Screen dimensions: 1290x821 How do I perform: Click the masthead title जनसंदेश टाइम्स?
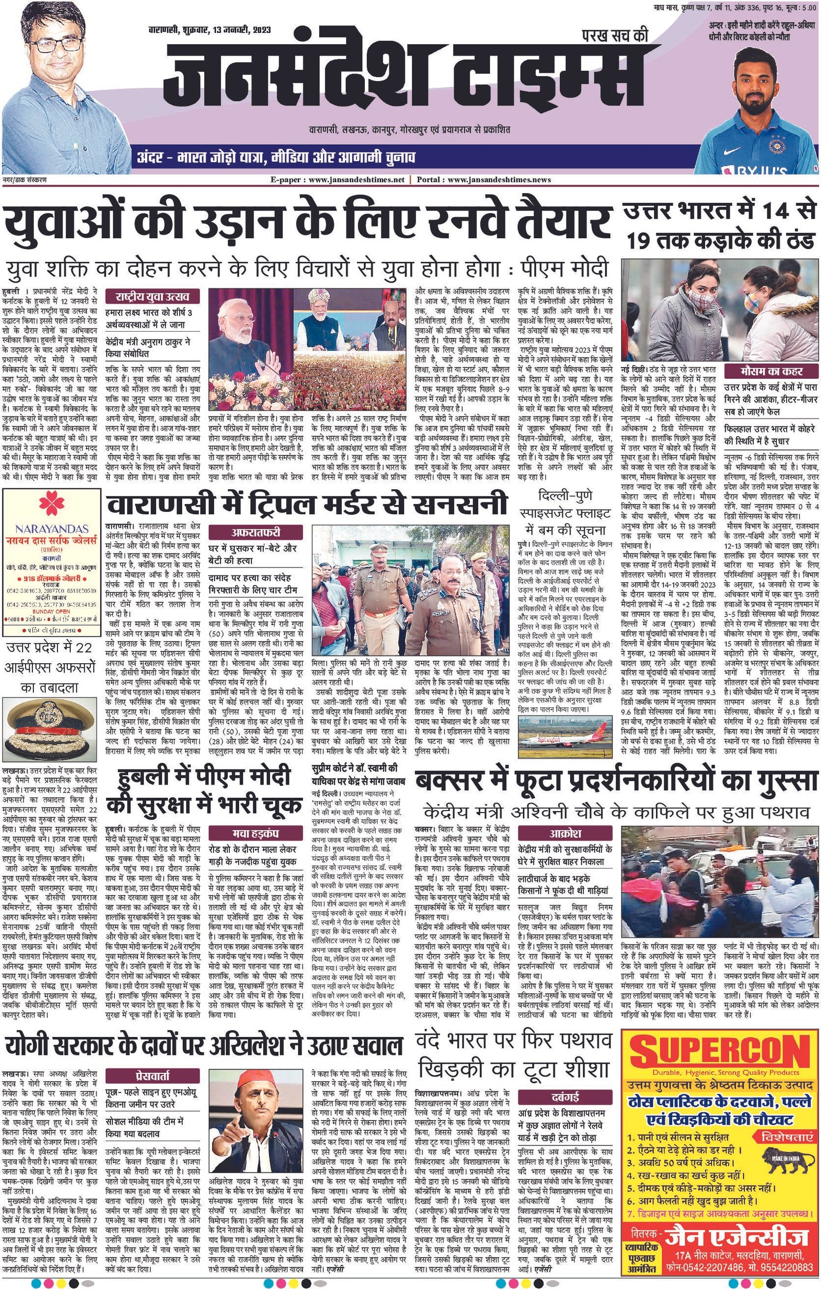[x=404, y=78]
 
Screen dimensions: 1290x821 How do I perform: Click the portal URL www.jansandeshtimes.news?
[x=499, y=180]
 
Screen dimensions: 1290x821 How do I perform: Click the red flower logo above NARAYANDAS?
[x=52, y=502]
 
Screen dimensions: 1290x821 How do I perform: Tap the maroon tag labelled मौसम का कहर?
[x=771, y=371]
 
